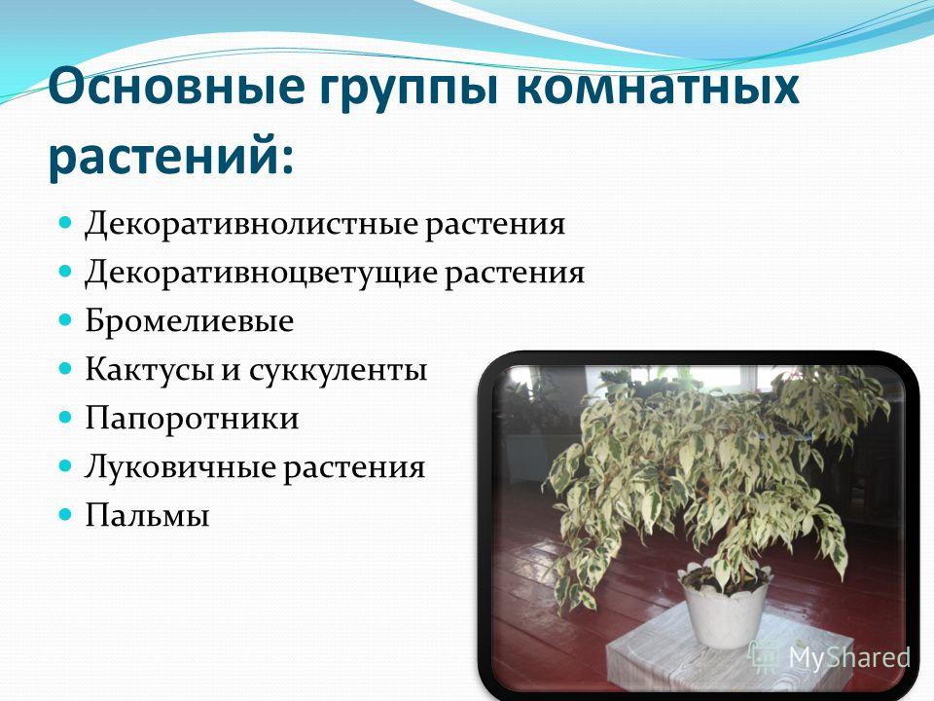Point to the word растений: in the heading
[x=171, y=156]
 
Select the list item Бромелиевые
[x=190, y=320]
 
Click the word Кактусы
[x=149, y=370]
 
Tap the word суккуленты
[x=338, y=370]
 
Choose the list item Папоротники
[x=192, y=418]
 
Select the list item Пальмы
[x=147, y=514]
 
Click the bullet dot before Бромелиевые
[x=65, y=320]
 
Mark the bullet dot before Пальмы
[x=65, y=514]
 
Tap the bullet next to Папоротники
[x=65, y=418]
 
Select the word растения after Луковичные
[x=354, y=467]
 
